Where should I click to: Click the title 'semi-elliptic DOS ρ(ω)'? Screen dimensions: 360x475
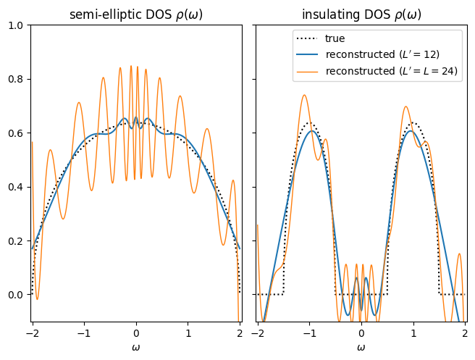pos(135,14)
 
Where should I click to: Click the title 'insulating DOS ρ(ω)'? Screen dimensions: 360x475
pos(361,14)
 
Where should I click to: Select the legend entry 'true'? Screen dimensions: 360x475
pos(335,38)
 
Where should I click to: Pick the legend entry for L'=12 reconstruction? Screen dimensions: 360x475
pos(382,54)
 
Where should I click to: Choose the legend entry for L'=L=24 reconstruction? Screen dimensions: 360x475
pos(392,70)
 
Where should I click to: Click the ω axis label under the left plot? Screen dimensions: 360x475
pos(135,347)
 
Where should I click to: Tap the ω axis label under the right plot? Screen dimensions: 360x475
pos(361,347)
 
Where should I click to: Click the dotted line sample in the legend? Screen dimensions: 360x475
pos(308,38)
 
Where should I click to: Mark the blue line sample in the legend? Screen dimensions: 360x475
pos(308,54)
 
